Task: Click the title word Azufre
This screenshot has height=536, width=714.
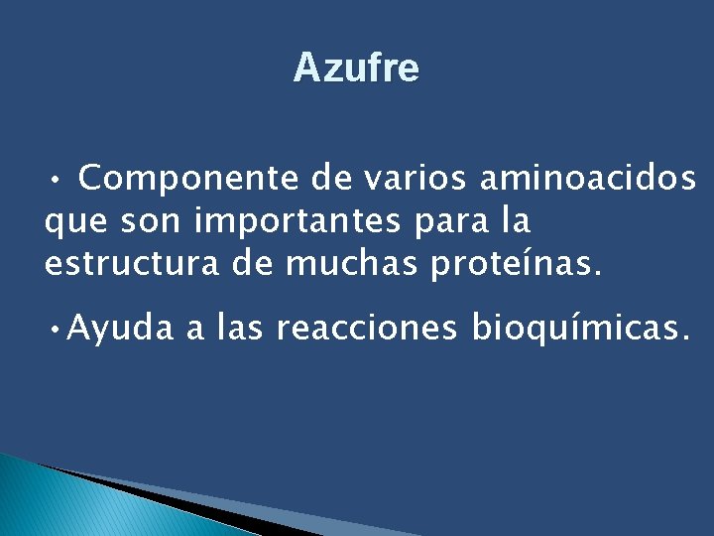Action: pos(356,68)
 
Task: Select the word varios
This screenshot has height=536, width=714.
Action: pos(416,180)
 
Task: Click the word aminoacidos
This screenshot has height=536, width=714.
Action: pos(588,180)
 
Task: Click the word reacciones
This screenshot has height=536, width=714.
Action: pos(368,329)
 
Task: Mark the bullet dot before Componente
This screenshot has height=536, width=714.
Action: pos(59,182)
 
